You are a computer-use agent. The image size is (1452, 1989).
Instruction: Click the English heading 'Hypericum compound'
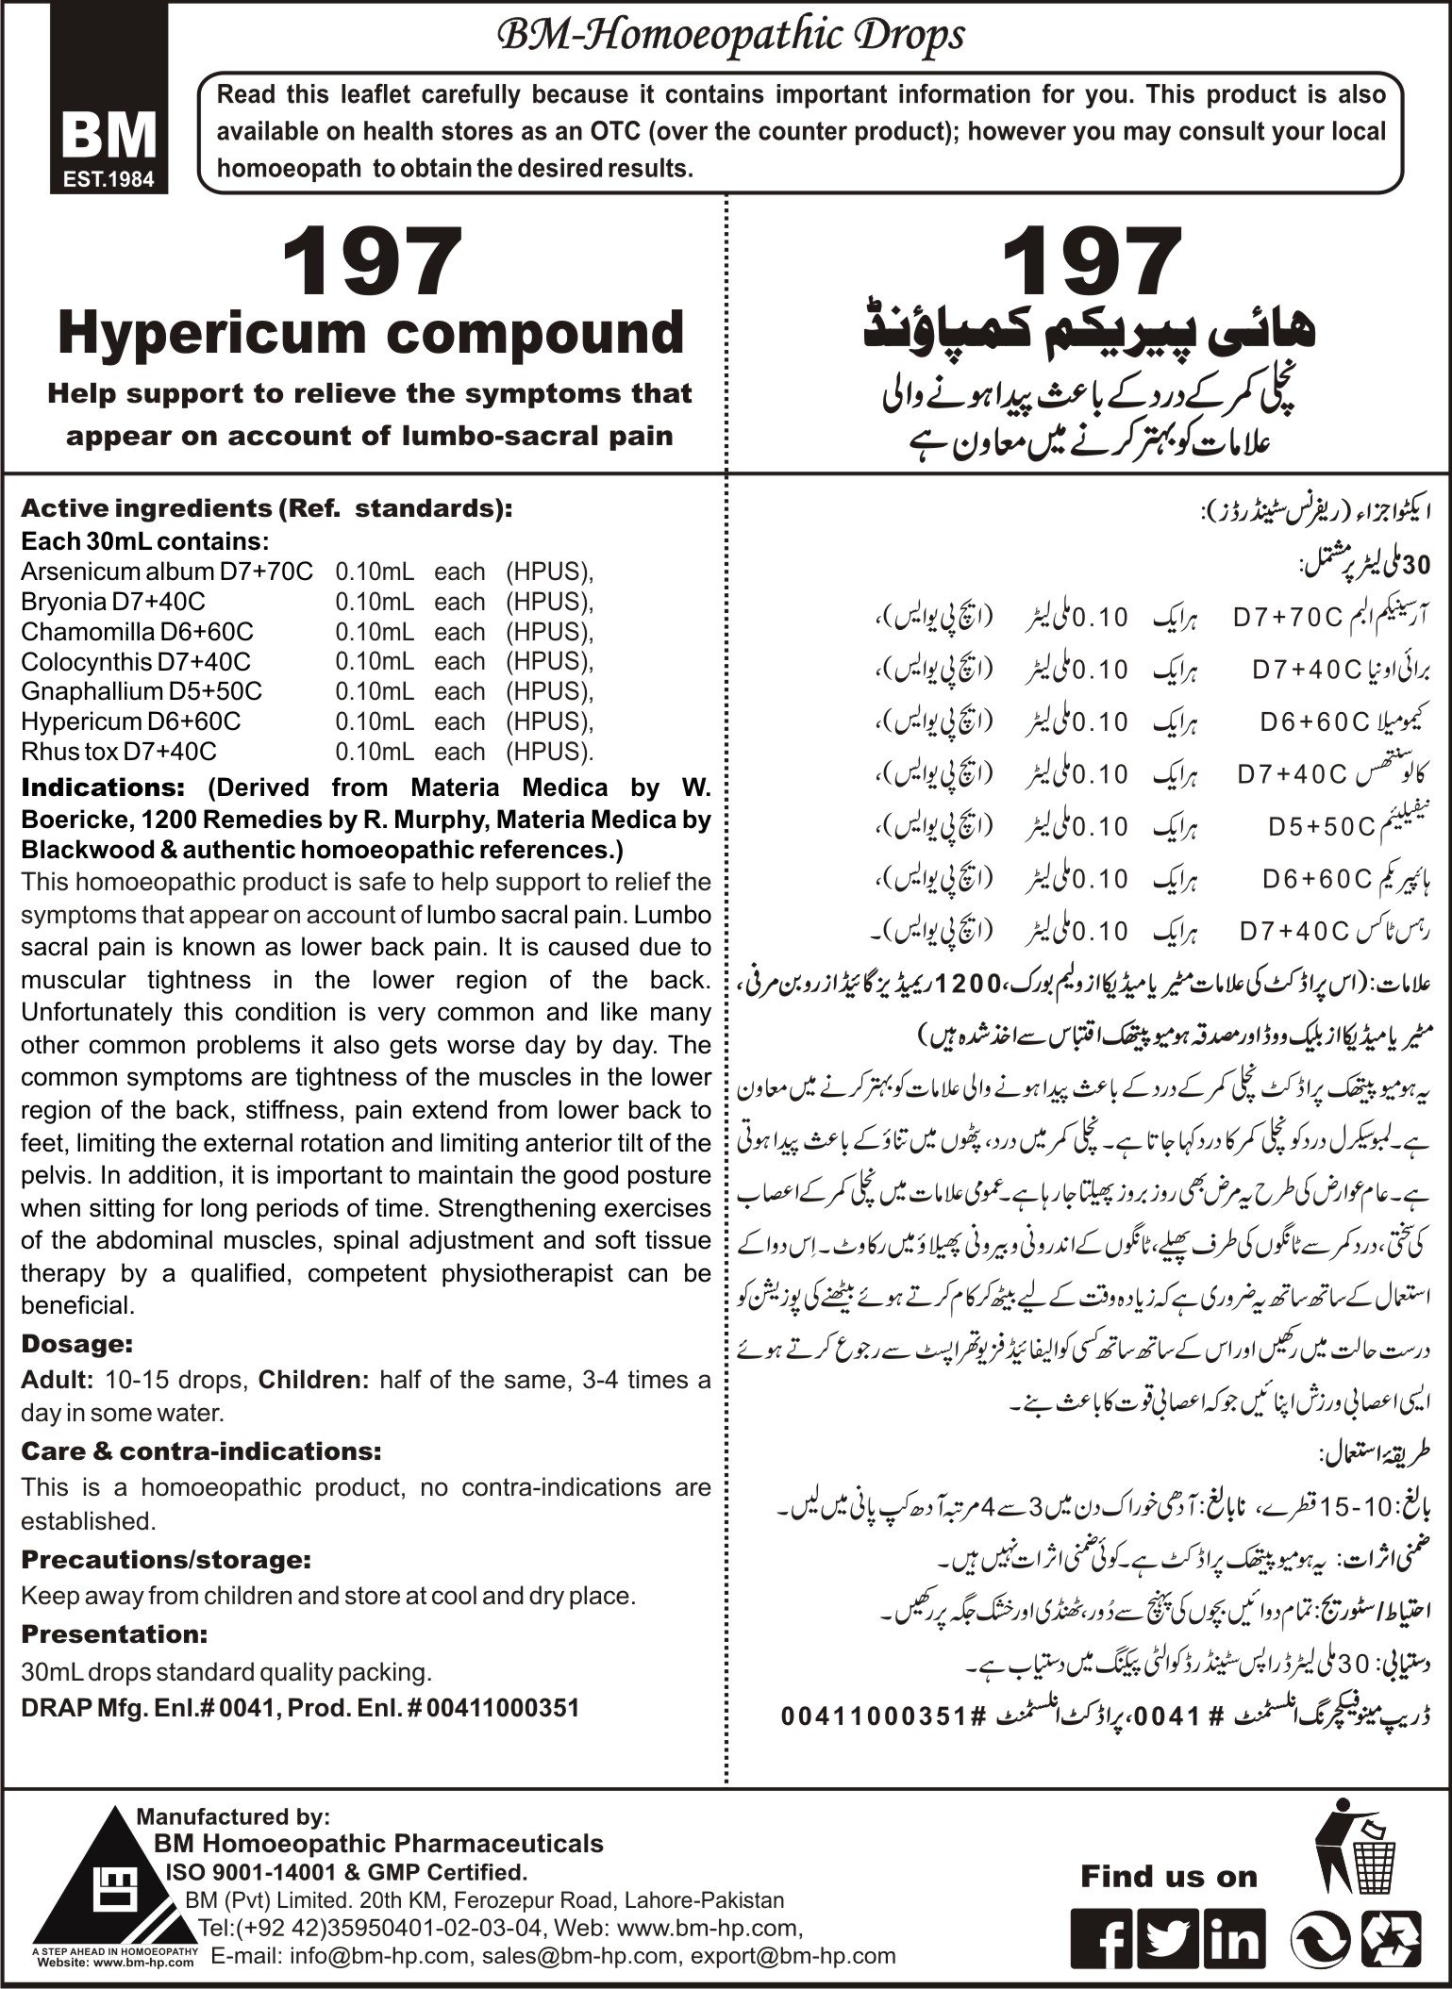pos(371,332)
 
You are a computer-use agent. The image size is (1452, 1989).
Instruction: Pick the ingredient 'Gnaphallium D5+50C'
pos(142,691)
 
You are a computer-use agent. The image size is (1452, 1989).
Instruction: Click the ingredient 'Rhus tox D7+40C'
pos(119,752)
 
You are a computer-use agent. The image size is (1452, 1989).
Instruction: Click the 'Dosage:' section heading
pos(75,1342)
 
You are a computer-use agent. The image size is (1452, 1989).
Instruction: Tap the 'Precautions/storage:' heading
pos(166,1559)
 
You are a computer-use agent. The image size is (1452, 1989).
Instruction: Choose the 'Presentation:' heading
pos(114,1633)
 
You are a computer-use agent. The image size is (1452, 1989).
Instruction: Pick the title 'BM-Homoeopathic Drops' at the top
pos(731,37)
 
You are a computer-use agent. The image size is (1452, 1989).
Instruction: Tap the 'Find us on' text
pos(1169,1877)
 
